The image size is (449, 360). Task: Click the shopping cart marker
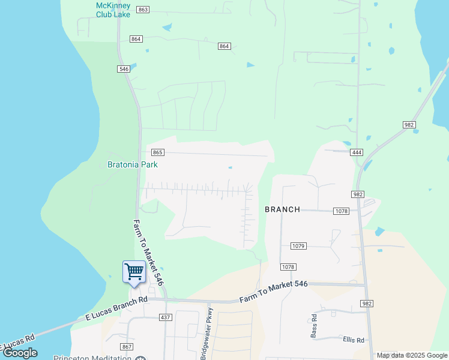[134, 271]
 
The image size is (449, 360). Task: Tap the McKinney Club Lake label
[113, 9]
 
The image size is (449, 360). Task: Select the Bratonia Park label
[132, 164]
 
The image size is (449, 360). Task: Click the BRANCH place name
[282, 209]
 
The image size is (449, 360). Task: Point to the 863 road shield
[143, 10]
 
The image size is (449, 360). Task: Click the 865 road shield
[158, 152]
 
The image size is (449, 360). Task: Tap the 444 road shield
[357, 152]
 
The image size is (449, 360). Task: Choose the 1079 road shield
[298, 246]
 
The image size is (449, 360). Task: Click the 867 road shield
[126, 347]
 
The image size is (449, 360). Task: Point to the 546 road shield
[124, 69]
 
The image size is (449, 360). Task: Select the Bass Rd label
[313, 325]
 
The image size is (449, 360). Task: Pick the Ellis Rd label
[354, 340]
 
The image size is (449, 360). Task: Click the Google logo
[20, 353]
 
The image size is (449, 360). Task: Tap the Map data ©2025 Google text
[411, 355]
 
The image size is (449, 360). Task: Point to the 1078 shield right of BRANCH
[342, 211]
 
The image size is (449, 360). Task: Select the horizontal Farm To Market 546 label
[273, 292]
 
